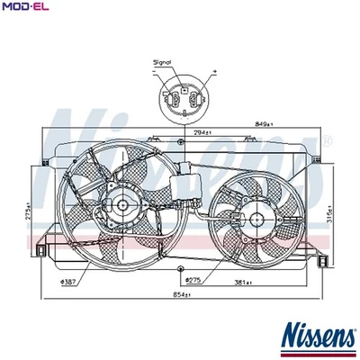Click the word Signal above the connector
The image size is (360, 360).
[163, 64]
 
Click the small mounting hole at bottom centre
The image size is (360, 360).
[180, 270]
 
